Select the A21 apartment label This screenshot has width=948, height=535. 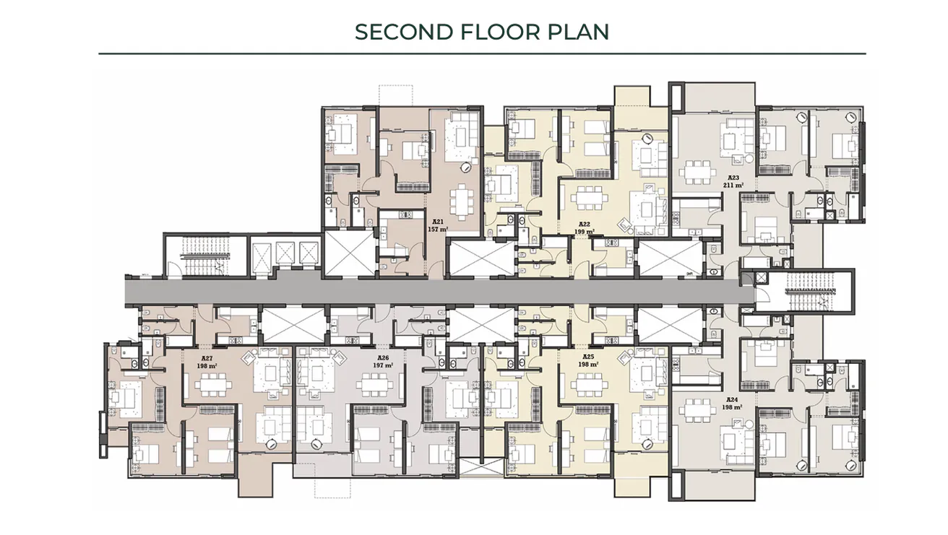(438, 222)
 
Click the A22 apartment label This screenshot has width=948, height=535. (585, 224)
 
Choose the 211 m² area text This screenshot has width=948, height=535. (733, 186)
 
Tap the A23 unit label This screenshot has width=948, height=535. (733, 178)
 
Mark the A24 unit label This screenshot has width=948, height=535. (733, 399)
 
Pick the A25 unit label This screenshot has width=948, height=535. (587, 357)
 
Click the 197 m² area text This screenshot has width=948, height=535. (384, 365)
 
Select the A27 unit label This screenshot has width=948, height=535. (206, 357)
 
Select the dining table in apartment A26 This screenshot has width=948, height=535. (371, 388)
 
